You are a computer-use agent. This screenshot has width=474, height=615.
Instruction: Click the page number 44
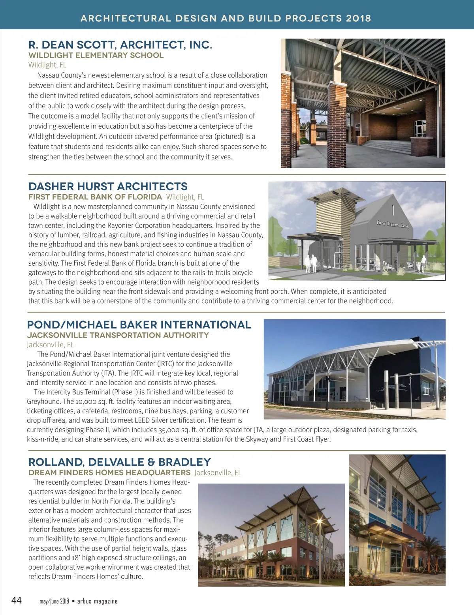(17, 600)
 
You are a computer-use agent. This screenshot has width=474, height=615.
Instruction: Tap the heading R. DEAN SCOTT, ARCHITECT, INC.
(120, 45)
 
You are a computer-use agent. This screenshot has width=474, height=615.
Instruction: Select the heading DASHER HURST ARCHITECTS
(108, 186)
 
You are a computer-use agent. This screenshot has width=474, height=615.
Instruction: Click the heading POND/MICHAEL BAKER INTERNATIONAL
(139, 325)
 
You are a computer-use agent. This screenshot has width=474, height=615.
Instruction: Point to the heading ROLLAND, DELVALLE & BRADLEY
(120, 462)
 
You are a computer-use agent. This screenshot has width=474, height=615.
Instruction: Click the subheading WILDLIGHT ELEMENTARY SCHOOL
(96, 55)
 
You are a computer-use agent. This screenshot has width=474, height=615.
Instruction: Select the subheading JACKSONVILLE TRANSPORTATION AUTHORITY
(118, 335)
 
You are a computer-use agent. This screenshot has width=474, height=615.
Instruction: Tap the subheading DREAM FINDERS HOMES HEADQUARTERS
(109, 472)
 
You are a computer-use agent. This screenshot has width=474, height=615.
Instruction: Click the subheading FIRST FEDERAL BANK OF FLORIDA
(95, 197)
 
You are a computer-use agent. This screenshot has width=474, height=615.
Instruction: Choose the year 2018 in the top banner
(358, 18)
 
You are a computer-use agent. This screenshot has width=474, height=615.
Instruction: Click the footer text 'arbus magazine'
(97, 601)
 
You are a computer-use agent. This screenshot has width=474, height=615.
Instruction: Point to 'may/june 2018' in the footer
(54, 601)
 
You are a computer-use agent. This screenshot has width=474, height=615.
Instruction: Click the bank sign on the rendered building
(393, 224)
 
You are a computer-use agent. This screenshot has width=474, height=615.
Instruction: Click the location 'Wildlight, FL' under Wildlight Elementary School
(47, 65)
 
